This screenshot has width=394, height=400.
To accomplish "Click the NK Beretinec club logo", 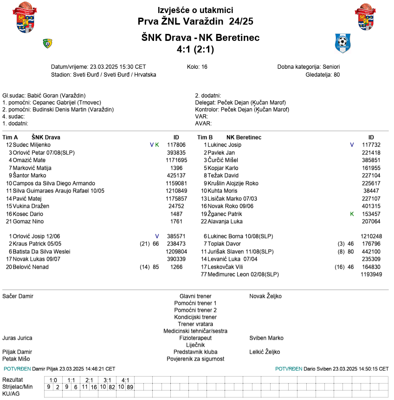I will click(343, 43).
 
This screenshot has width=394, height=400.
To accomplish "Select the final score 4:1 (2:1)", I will click(195, 49).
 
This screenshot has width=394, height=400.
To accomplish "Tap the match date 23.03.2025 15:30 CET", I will click(118, 67).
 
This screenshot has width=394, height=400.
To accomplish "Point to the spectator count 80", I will click(336, 75).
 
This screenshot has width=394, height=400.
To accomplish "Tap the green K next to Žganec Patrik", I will click(352, 214).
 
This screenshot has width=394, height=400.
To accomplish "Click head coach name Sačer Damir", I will click(18, 296).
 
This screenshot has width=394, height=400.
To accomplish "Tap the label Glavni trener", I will click(195, 296).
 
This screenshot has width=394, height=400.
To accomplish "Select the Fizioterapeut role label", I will click(195, 338).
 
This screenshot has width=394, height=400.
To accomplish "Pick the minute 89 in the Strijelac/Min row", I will click(130, 387).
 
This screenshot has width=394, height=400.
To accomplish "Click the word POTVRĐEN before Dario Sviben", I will click(289, 369).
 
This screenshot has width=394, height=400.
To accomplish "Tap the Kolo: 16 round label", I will click(197, 67).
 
